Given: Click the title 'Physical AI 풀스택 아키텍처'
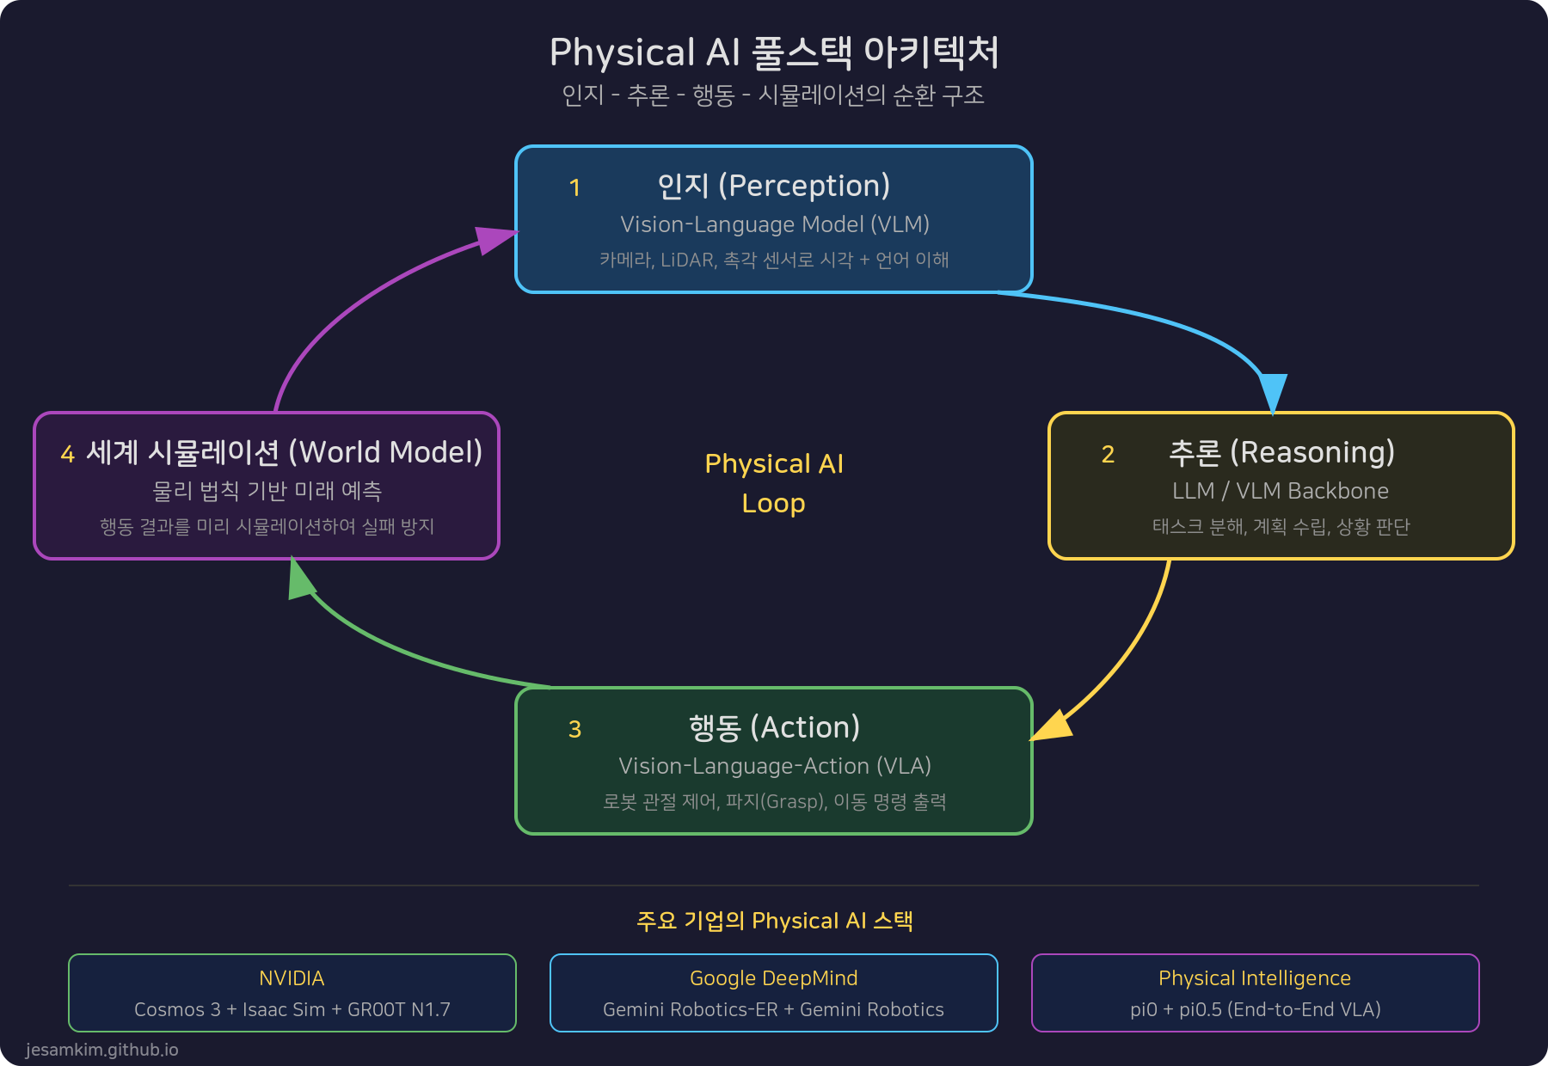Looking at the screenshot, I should (774, 52).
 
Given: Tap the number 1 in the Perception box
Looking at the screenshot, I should (574, 187).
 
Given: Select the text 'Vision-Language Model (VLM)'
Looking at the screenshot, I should (774, 224).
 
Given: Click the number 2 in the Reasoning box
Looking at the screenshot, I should (1108, 454).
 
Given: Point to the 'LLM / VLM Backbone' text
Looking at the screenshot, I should (1280, 491).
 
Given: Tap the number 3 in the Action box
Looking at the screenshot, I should (574, 729).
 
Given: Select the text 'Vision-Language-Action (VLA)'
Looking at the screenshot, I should (774, 766).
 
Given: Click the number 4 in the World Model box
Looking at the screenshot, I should (67, 454).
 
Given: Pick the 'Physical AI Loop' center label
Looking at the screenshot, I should (774, 483).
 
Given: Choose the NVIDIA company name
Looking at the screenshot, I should (292, 978).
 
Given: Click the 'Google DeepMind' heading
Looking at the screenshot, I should (773, 978).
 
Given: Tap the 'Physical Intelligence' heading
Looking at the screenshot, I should (1254, 978).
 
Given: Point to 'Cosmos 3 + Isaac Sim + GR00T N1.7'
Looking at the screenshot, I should (292, 1009).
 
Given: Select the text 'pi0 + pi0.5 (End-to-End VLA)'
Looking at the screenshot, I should (1255, 1009).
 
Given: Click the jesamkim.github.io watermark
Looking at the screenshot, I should (101, 1050).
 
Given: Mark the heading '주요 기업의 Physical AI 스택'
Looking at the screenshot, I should (774, 921).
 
